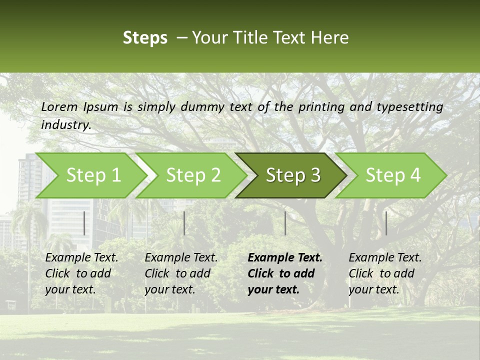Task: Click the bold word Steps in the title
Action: [x=145, y=38]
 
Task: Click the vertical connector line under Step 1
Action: [x=84, y=223]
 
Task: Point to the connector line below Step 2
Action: [x=184, y=223]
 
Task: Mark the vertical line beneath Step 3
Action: [x=285, y=223]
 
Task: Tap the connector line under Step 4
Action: [x=386, y=223]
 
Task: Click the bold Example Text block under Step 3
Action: [x=285, y=273]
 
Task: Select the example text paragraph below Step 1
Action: [x=81, y=273]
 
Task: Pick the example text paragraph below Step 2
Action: [x=181, y=273]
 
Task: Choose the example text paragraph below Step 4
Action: [x=385, y=273]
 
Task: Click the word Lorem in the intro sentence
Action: [x=59, y=107]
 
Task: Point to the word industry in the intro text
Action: [x=65, y=125]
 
